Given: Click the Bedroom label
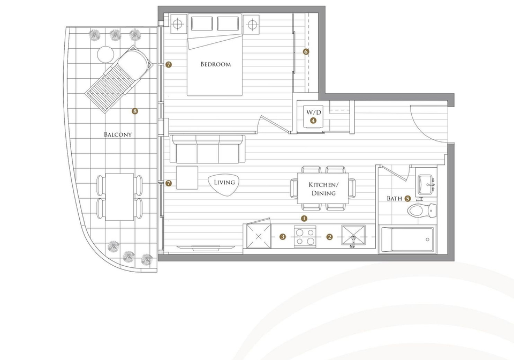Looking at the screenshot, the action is [215, 64].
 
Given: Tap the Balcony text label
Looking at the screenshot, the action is [118, 134].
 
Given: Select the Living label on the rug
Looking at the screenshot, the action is [224, 182].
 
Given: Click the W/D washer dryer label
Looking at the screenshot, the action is [314, 112].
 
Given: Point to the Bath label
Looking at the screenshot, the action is [395, 198].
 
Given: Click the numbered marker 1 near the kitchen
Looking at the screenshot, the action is [304, 218].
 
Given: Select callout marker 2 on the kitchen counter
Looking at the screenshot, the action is [329, 237].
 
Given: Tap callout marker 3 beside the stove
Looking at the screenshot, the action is [283, 236].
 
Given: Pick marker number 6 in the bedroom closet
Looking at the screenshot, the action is [306, 51].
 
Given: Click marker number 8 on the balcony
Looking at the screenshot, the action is [135, 111].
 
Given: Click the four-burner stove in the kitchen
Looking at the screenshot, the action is [305, 236].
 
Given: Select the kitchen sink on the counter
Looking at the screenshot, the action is [353, 235].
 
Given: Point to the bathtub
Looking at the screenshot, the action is [407, 239].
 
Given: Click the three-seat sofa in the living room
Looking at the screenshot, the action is [208, 149].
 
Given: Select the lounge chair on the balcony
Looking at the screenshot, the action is [119, 79].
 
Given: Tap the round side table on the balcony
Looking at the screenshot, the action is [105, 55].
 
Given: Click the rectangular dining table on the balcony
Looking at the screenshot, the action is [119, 197].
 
